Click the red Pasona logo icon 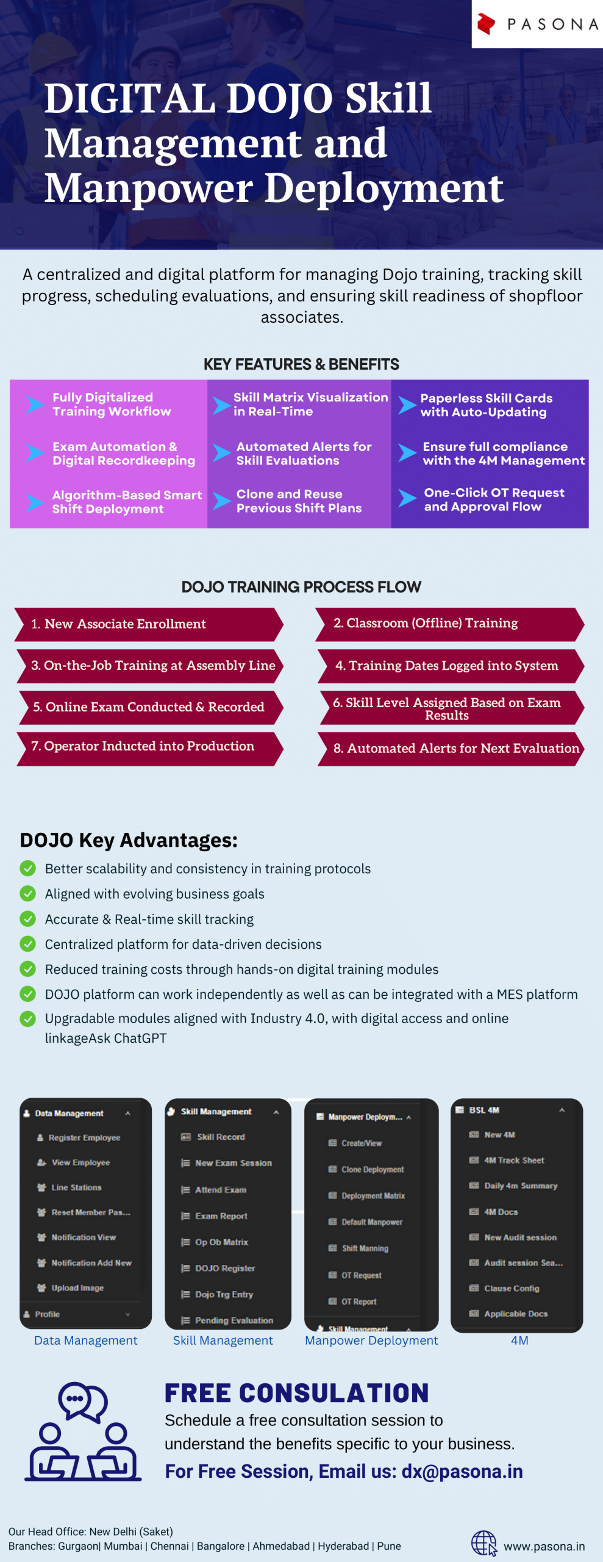point(486,24)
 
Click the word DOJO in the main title point(280,98)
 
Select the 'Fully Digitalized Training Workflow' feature point(112,404)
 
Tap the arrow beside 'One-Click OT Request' point(407,498)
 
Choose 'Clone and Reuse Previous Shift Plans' point(299,501)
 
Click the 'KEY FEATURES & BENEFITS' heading point(301,364)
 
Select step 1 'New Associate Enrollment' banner point(149,624)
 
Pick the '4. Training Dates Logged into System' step point(451,666)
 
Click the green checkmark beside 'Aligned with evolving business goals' point(28,893)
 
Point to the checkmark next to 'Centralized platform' point(28,944)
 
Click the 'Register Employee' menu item point(84,1137)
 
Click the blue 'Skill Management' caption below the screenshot point(223,1341)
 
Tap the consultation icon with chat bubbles point(83,1431)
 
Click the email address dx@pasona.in point(462,1471)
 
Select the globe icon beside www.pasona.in point(484,1543)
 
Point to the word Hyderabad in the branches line point(343,1546)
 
